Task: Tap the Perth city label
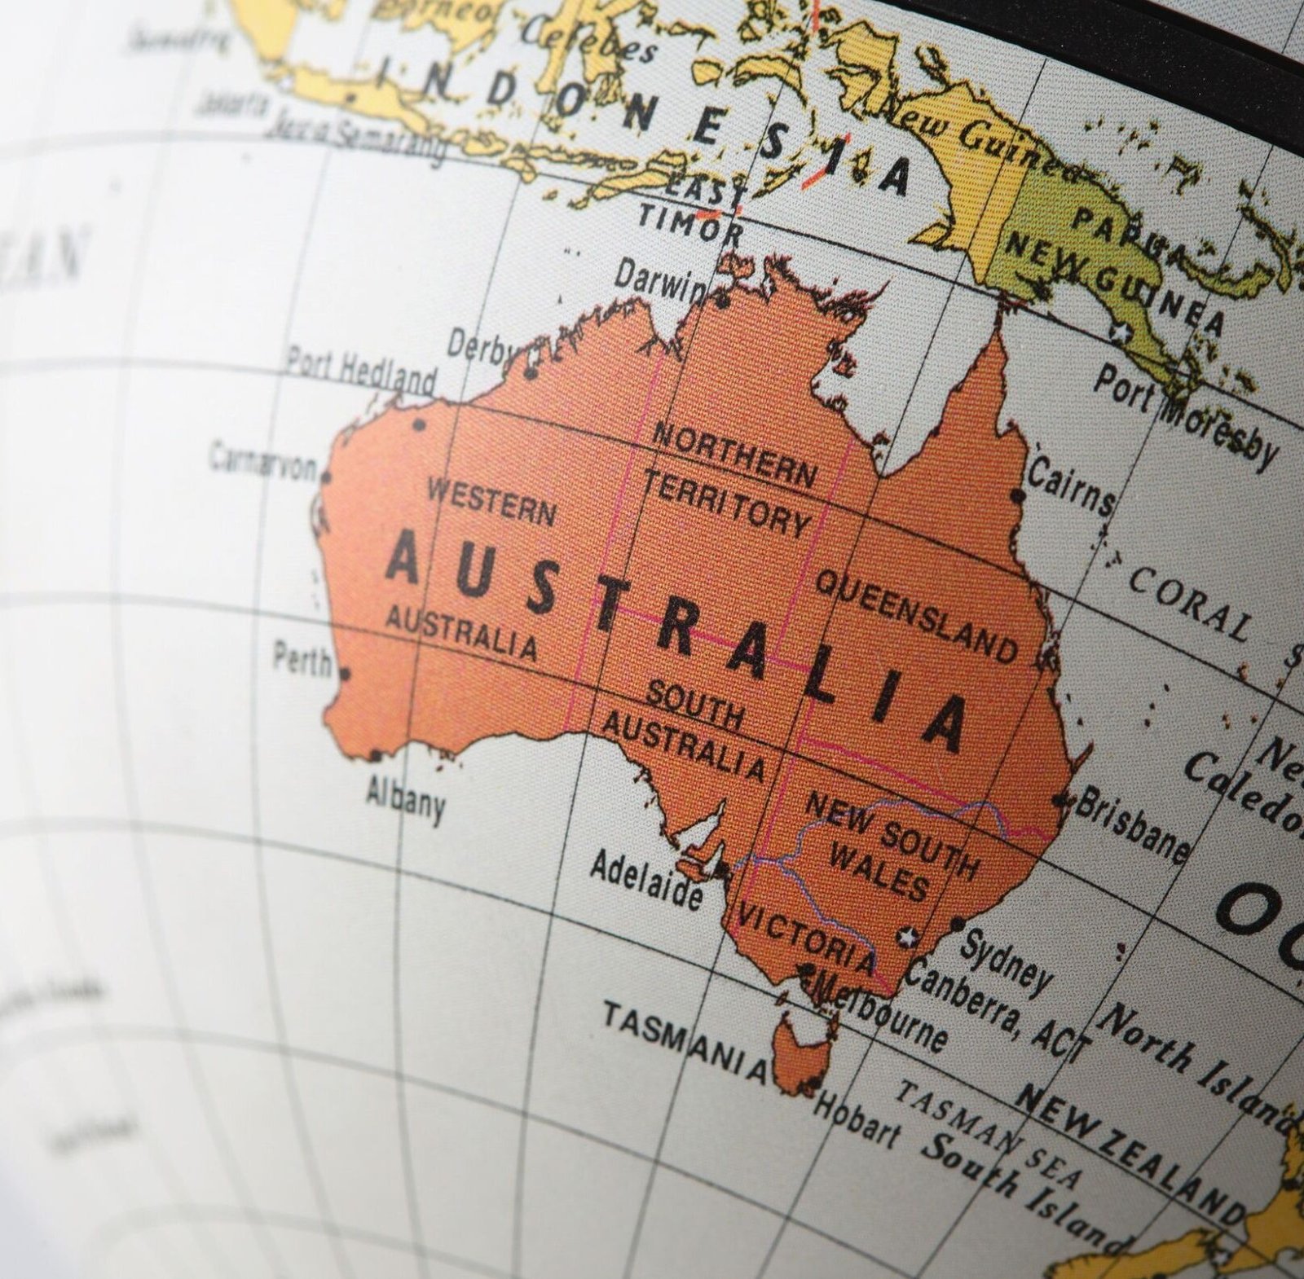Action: [x=302, y=659]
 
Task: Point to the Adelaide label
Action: [x=646, y=880]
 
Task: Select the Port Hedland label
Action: [x=360, y=371]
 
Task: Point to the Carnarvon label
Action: [x=262, y=461]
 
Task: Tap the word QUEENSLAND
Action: [x=917, y=615]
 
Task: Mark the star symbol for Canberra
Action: [x=906, y=937]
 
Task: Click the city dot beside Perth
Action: [x=344, y=674]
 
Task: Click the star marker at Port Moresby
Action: [x=1124, y=332]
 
